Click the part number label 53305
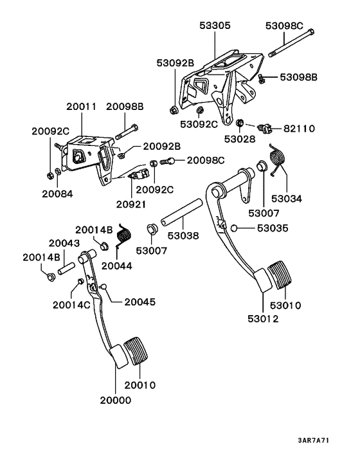[x=215, y=26]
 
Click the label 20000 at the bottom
[x=115, y=399]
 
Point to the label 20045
[x=139, y=302]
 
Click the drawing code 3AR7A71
[x=314, y=440]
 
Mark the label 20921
[x=131, y=204]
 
